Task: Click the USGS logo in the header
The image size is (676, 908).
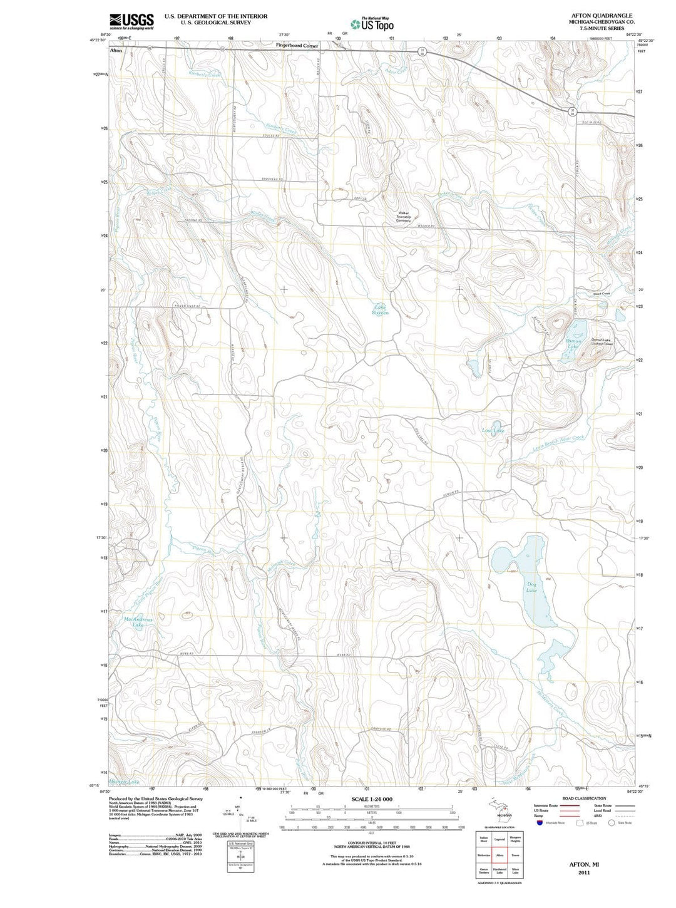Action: pyautogui.click(x=131, y=21)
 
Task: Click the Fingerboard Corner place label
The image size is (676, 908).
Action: pyautogui.click(x=297, y=46)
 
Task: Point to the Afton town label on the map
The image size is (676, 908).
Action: pyautogui.click(x=116, y=50)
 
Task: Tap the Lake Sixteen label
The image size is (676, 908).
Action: pyautogui.click(x=381, y=310)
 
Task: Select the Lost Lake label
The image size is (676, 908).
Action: pyautogui.click(x=493, y=431)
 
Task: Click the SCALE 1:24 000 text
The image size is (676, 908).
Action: pyautogui.click(x=372, y=799)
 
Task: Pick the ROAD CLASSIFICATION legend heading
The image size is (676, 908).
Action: pyautogui.click(x=584, y=798)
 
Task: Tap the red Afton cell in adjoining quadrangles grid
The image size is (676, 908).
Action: pyautogui.click(x=499, y=855)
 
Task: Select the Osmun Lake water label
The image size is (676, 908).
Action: pyautogui.click(x=573, y=344)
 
